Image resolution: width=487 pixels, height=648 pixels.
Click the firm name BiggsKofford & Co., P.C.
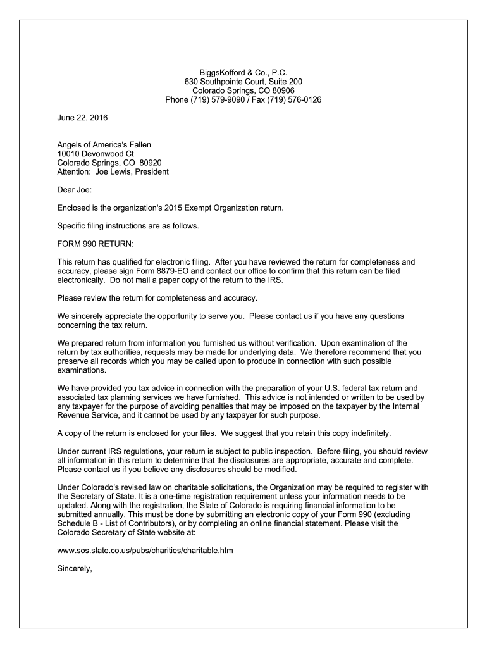click(x=244, y=73)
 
